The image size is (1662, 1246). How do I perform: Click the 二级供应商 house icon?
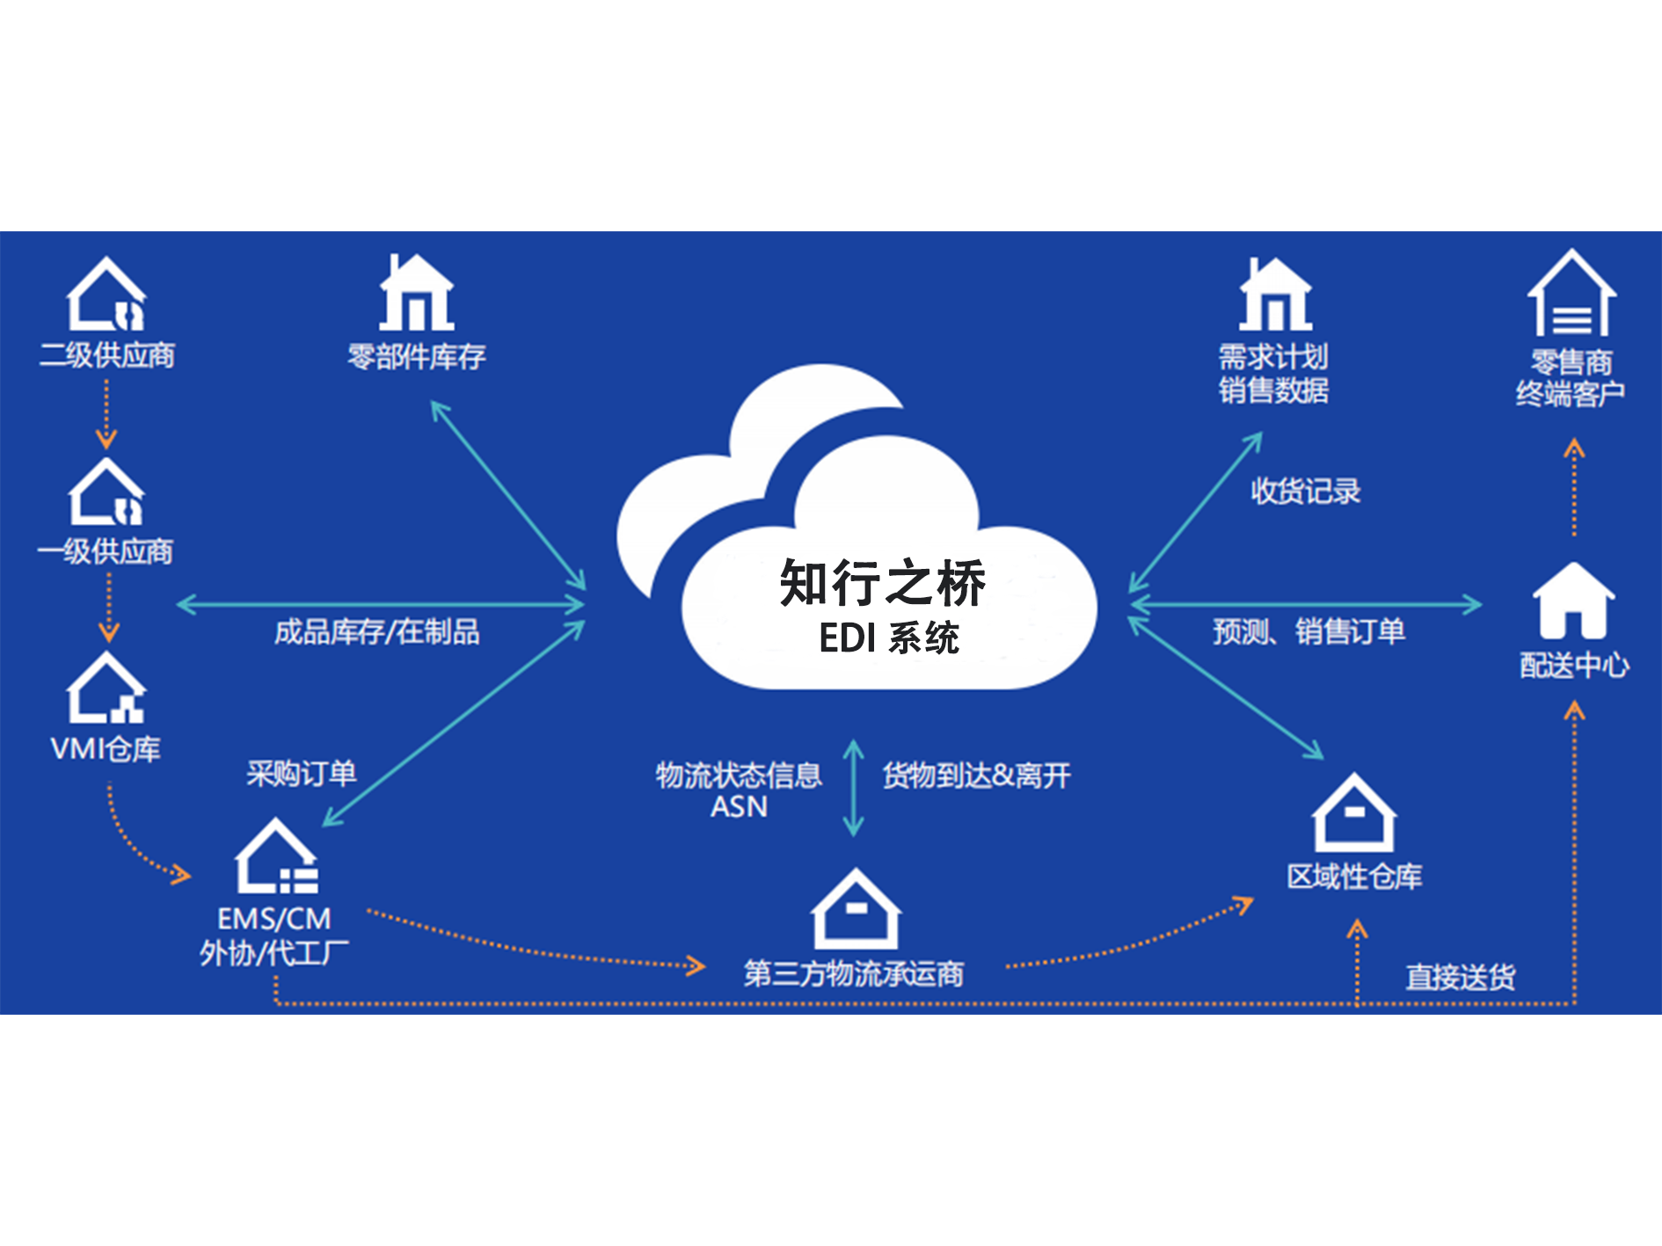click(106, 295)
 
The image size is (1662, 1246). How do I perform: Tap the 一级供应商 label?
click(106, 551)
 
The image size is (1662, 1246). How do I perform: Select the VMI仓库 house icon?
click(106, 688)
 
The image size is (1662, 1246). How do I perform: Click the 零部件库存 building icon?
click(416, 292)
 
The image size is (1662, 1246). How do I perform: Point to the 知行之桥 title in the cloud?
click(883, 583)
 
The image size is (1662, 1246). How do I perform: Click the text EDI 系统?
click(889, 638)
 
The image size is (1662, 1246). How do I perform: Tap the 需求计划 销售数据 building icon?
click(1275, 295)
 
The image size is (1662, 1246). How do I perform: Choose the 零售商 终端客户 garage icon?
click(1571, 293)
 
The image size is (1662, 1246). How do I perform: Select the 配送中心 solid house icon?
click(1573, 601)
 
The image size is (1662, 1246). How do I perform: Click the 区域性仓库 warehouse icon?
click(1354, 812)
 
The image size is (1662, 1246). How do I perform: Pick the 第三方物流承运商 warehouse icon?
click(856, 909)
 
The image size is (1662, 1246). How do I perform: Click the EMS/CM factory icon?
click(276, 856)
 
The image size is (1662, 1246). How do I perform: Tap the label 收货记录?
click(1306, 491)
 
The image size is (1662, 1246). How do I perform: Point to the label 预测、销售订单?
click(1309, 631)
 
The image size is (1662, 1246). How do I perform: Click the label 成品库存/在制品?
click(377, 631)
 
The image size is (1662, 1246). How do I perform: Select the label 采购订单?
click(301, 774)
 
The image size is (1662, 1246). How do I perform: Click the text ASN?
click(739, 806)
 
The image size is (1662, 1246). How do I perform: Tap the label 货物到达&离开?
click(977, 776)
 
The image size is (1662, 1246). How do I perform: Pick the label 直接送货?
click(1461, 977)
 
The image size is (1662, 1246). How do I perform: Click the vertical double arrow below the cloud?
click(853, 788)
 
